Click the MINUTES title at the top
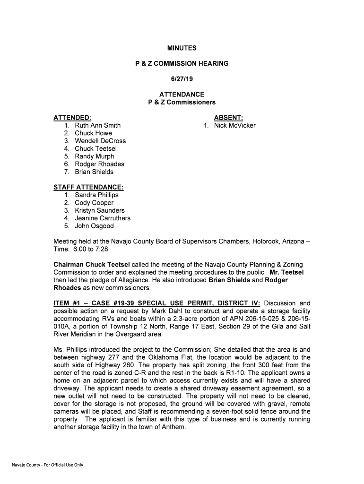(x=182, y=48)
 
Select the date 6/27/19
(x=182, y=79)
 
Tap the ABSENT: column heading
(x=229, y=118)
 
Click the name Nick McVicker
(x=234, y=126)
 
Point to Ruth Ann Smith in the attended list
(x=97, y=126)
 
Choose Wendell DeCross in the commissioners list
(x=100, y=141)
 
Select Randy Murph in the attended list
(x=94, y=156)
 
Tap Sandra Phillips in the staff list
(x=96, y=195)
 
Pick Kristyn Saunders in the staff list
(x=100, y=211)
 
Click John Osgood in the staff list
(x=94, y=226)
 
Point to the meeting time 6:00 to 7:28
(x=90, y=249)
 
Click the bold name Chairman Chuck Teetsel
(x=91, y=265)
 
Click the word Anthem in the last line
(x=172, y=426)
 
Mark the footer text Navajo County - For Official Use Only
(x=47, y=465)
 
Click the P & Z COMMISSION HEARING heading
(x=182, y=63)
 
